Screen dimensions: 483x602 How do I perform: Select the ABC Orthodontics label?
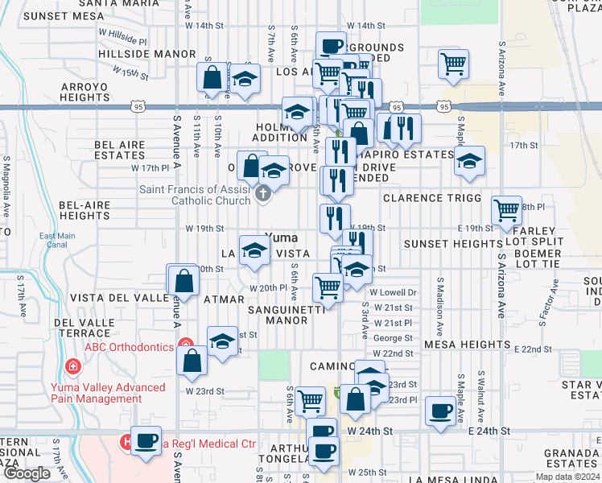point(130,347)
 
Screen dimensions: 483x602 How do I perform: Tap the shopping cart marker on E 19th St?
point(506,211)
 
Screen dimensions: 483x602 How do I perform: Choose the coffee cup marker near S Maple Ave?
point(440,411)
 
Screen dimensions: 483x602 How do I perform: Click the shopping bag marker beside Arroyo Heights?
point(212,78)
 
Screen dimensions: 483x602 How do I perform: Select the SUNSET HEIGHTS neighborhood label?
point(464,244)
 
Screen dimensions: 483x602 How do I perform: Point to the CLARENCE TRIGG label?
point(431,198)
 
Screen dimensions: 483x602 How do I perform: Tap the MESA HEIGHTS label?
point(467,345)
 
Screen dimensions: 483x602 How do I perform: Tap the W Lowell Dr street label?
point(394,293)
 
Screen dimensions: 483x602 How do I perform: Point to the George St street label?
point(393,338)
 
